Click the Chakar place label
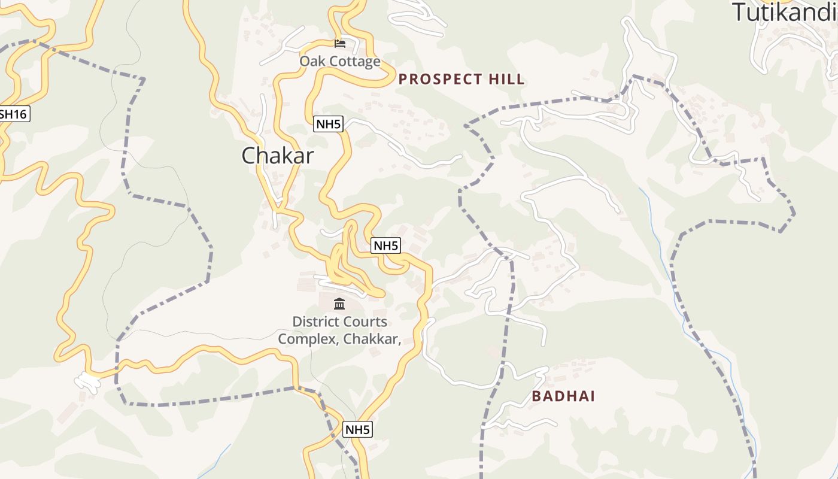click(x=277, y=156)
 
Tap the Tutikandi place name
click(x=785, y=12)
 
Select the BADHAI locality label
click(x=563, y=396)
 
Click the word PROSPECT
click(x=441, y=79)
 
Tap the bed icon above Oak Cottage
click(x=340, y=43)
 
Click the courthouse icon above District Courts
click(x=339, y=304)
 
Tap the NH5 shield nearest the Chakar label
click(x=328, y=124)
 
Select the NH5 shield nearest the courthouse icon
click(x=385, y=245)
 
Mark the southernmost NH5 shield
click(x=357, y=429)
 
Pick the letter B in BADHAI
click(x=537, y=396)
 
